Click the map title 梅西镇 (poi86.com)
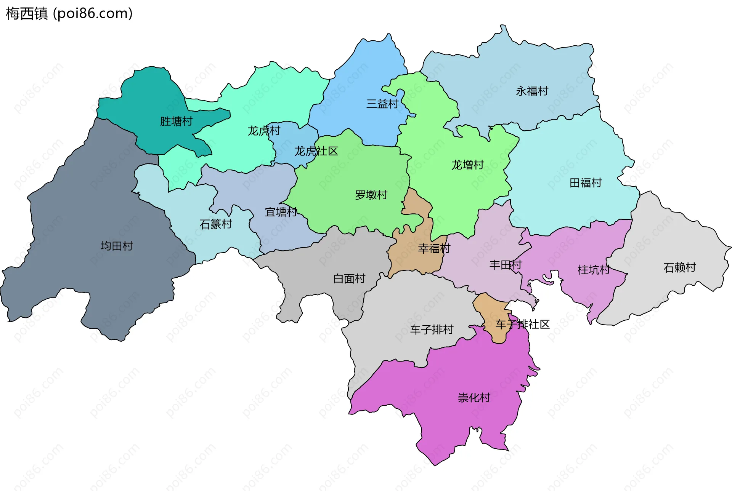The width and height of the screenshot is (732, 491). click(69, 13)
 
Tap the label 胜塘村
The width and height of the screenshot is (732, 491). click(176, 122)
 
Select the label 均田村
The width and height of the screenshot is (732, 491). click(117, 246)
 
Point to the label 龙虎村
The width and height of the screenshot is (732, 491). click(264, 131)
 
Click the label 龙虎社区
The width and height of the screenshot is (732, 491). click(316, 151)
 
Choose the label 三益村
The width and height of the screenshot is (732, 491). click(382, 104)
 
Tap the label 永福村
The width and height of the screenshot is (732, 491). click(532, 91)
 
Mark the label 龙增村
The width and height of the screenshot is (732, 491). click(467, 165)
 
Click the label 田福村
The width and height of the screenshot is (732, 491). click(585, 183)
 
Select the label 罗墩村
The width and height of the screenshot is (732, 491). click(371, 195)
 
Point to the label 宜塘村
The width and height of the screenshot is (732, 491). click(281, 212)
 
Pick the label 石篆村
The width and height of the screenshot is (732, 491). click(216, 224)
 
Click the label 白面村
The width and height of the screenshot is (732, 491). click(349, 279)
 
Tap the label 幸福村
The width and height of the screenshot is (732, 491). click(434, 249)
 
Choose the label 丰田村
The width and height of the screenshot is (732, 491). click(505, 265)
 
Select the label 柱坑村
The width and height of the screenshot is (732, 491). click(594, 270)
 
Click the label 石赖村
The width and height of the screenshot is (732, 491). click(679, 268)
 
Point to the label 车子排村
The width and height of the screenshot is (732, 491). click(432, 329)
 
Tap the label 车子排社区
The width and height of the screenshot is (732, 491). click(522, 325)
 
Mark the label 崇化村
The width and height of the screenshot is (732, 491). click(474, 398)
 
